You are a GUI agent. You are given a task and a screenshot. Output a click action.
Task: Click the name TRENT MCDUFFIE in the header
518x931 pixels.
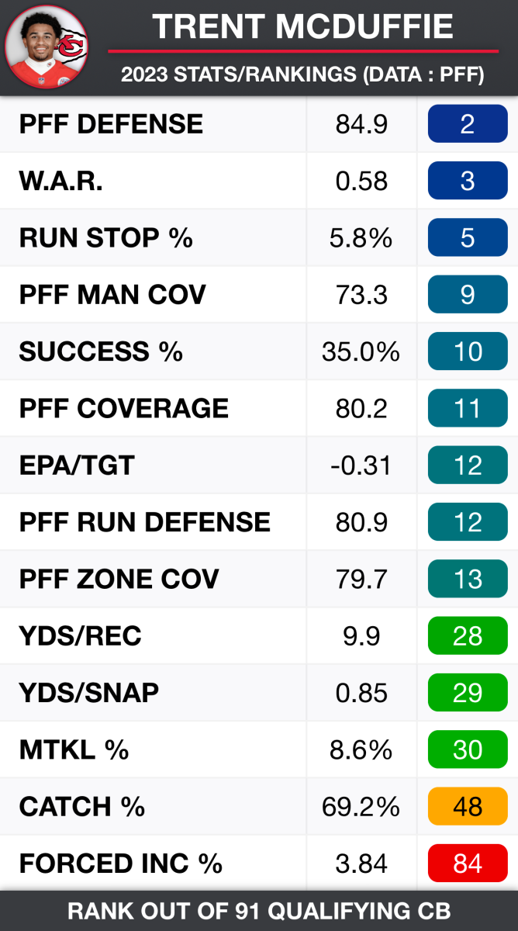tap(302, 27)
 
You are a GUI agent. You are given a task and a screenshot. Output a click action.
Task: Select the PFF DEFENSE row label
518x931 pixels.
tap(111, 124)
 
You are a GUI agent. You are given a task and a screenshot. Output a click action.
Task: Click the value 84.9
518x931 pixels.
tap(361, 124)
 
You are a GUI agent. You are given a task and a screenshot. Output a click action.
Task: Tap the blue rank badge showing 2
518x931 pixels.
tap(468, 124)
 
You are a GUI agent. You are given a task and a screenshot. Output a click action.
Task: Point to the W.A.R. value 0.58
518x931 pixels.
tap(361, 181)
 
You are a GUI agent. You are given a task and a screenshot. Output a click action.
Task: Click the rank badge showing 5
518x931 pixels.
tap(468, 237)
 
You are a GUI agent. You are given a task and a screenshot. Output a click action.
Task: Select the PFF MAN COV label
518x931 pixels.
tap(112, 295)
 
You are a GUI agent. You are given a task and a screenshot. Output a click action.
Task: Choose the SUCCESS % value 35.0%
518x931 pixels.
tap(361, 351)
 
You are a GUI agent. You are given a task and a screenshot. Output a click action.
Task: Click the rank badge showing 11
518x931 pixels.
tap(468, 408)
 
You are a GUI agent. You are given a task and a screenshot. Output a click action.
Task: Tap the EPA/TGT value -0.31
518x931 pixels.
tap(361, 465)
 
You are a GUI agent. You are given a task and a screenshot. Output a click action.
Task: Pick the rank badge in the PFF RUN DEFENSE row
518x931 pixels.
tap(468, 522)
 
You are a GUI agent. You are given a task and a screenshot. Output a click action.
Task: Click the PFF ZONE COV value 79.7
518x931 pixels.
tap(361, 579)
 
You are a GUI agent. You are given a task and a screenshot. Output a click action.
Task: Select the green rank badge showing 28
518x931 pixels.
tap(468, 636)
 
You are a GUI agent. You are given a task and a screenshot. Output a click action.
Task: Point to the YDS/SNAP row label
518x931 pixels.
tap(89, 693)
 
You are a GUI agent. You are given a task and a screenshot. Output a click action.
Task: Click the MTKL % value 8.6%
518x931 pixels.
tap(361, 749)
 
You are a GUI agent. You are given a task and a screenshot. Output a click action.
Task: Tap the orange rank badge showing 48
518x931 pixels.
tap(468, 807)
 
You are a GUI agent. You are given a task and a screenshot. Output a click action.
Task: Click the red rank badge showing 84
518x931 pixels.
tap(468, 864)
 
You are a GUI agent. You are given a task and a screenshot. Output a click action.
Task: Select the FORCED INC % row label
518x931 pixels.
tap(121, 864)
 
